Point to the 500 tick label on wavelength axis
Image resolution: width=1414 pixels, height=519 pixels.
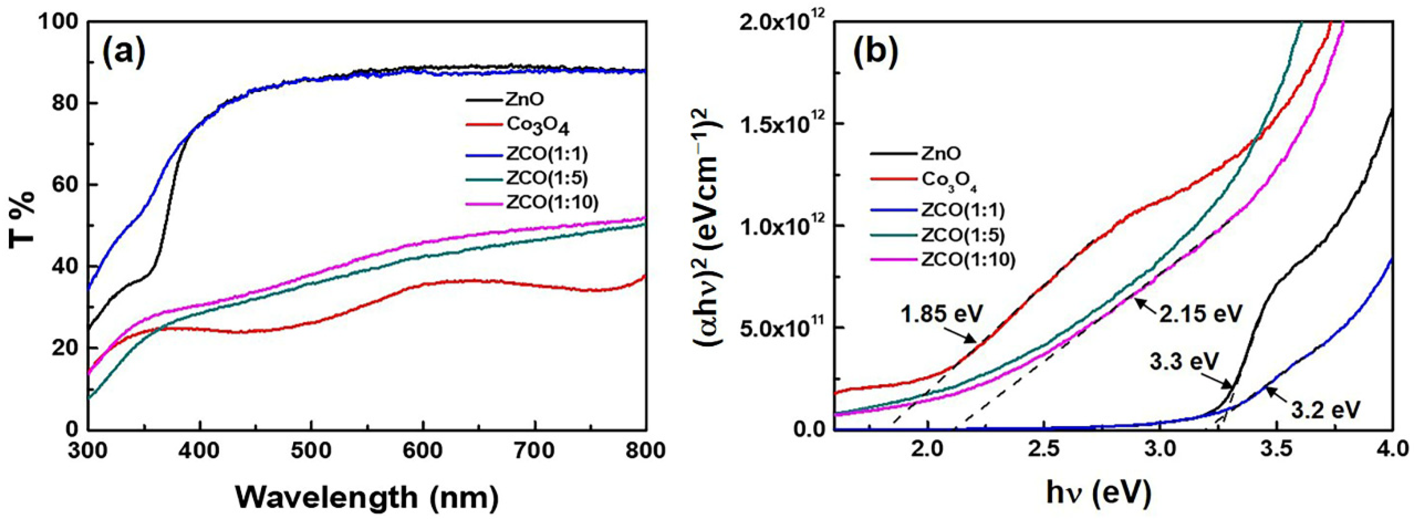coord(311,450)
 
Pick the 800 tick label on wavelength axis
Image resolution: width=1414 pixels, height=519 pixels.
coord(645,450)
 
